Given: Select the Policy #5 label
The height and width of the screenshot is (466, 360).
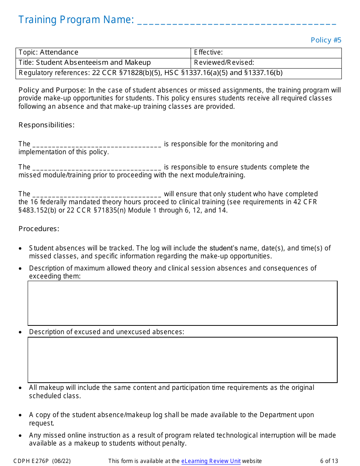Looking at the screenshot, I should [x=326, y=40].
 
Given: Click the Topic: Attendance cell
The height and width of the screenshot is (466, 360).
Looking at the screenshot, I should [x=103, y=53].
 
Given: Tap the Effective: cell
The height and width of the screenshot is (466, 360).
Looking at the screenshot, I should [x=266, y=53].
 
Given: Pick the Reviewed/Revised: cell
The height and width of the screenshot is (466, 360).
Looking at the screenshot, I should [x=266, y=63].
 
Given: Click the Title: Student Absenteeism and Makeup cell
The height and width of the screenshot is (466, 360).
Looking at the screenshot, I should [x=103, y=63].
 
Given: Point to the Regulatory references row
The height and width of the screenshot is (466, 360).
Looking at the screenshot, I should [x=178, y=73].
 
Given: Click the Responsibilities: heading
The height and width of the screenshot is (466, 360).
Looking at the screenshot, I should [x=47, y=125].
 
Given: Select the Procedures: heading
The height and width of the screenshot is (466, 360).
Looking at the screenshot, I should [x=39, y=229].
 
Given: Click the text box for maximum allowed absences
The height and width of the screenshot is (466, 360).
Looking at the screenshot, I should [x=182, y=303].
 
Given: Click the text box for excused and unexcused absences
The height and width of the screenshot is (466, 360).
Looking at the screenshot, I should [x=182, y=360].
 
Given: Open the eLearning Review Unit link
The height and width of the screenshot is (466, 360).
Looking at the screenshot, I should [x=211, y=461].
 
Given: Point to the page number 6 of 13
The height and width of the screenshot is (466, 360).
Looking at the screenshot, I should [x=329, y=461].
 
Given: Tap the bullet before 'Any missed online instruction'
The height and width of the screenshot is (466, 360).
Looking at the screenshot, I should [x=20, y=436].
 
